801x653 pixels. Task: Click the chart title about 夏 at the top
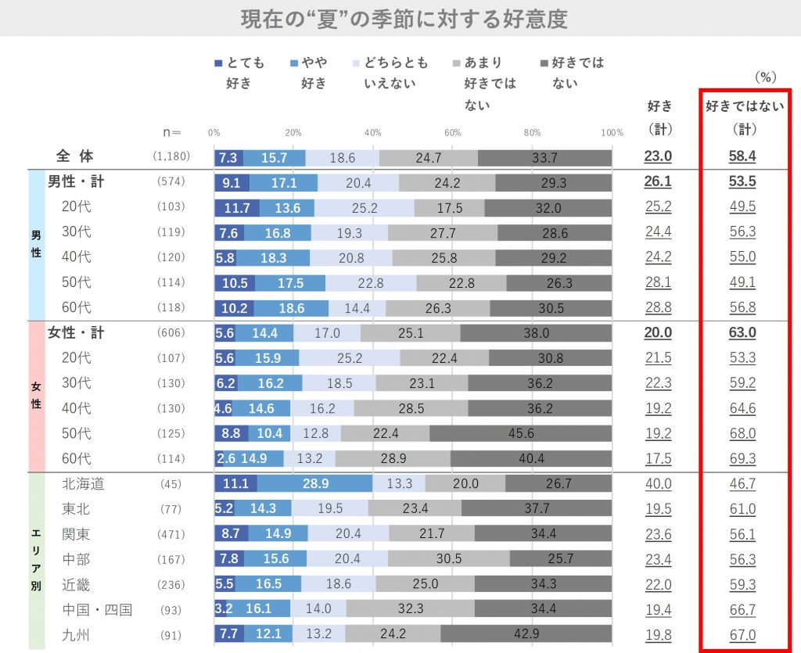click(404, 19)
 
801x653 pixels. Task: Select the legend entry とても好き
click(240, 73)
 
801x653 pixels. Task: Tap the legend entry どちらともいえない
click(390, 73)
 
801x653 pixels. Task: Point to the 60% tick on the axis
click(452, 132)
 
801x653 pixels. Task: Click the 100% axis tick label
click(612, 132)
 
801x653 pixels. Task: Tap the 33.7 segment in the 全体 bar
click(544, 157)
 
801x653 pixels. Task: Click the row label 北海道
click(83, 484)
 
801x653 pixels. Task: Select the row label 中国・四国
click(97, 609)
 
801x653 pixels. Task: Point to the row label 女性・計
click(76, 333)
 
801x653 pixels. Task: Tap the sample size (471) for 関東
click(171, 535)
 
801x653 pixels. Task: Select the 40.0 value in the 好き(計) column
click(658, 484)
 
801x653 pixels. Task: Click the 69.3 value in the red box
click(742, 459)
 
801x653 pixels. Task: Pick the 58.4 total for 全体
click(742, 156)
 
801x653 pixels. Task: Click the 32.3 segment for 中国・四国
click(409, 609)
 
